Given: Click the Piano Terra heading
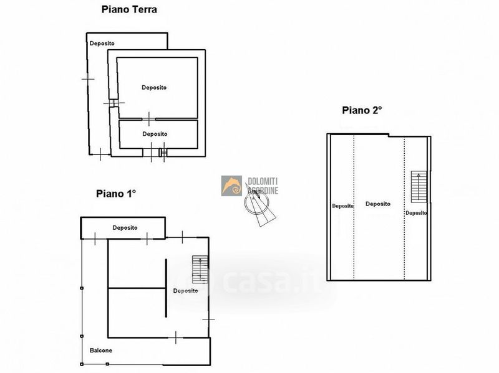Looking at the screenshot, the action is click(x=129, y=9).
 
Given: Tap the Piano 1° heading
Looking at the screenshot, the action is click(x=116, y=194).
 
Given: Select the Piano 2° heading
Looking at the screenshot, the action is click(x=362, y=110).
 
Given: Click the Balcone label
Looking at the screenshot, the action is click(x=101, y=351).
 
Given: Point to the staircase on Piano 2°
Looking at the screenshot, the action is click(x=419, y=187).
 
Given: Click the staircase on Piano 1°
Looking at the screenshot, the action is click(x=200, y=270).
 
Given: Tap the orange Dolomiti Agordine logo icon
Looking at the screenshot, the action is click(x=231, y=186).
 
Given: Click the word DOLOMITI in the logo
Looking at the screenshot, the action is click(x=263, y=181).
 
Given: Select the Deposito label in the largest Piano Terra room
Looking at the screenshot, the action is click(x=154, y=87).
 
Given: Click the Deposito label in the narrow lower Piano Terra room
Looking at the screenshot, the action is click(x=155, y=134).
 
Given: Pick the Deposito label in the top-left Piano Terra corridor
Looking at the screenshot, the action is click(x=102, y=43).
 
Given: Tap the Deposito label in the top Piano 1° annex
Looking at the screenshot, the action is click(x=125, y=227).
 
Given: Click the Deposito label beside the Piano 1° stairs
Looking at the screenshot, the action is click(x=185, y=291).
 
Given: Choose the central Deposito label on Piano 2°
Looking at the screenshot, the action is click(x=378, y=204).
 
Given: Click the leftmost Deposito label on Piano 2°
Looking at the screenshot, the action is click(x=342, y=206).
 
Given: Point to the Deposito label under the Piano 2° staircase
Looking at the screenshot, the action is click(x=416, y=213).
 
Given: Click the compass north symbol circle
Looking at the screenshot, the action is click(x=256, y=203).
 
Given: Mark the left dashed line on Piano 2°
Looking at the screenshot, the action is click(x=354, y=207).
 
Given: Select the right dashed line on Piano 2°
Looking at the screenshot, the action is click(x=404, y=209).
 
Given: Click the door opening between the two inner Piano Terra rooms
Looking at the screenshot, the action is click(x=148, y=119).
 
